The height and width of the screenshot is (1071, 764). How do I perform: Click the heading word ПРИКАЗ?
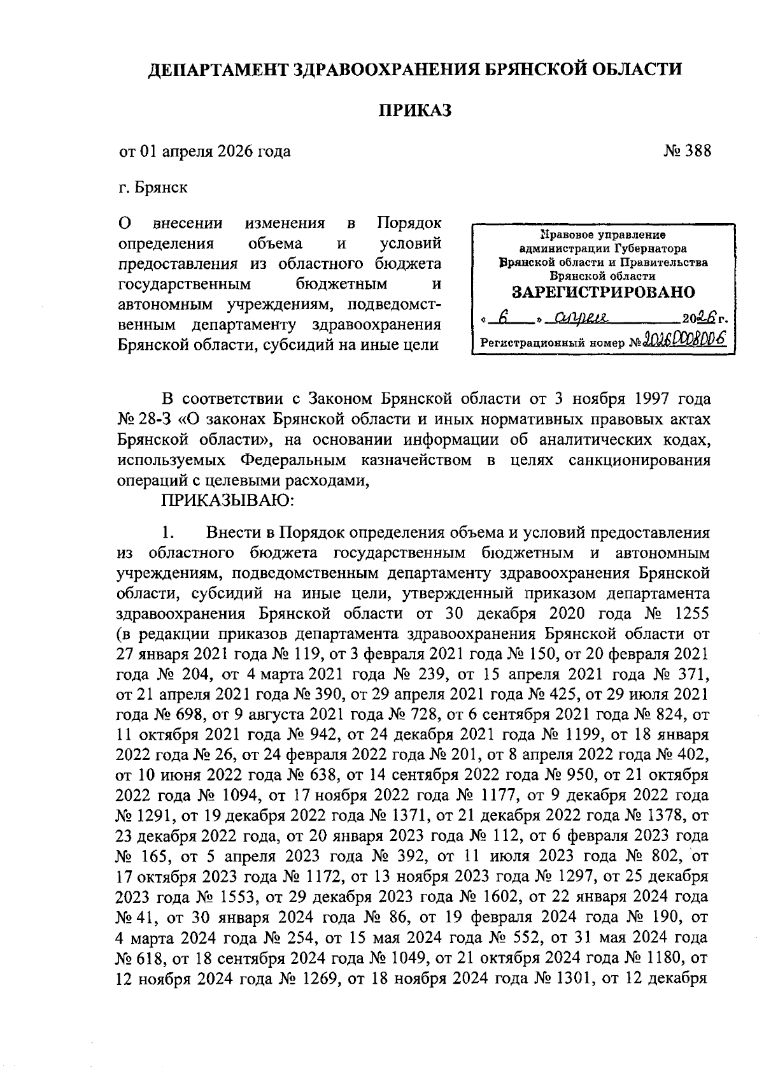(x=415, y=111)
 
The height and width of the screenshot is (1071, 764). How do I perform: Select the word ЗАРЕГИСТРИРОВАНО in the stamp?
(x=604, y=292)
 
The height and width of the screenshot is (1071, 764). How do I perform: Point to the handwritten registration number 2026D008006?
(x=686, y=340)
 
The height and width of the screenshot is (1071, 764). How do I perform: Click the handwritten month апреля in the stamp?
(x=580, y=316)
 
